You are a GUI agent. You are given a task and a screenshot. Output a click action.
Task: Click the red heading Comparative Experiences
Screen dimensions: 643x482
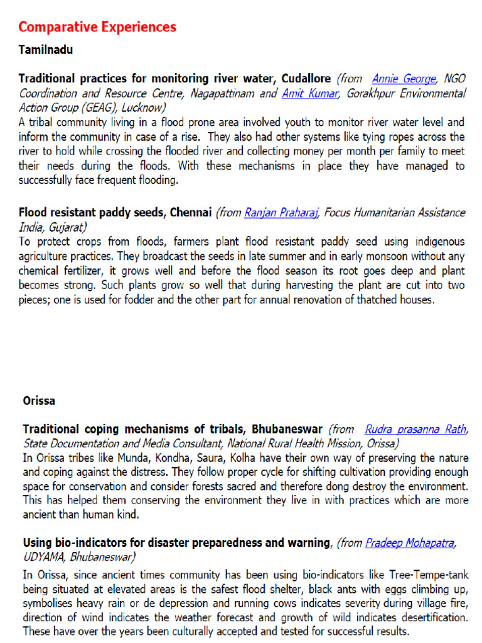[97, 27]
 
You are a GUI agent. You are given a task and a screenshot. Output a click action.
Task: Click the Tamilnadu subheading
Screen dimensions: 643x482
[45, 50]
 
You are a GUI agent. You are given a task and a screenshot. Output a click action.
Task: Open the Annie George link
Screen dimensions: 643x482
[404, 79]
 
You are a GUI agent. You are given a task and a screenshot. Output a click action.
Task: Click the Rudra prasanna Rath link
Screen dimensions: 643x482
[415, 430]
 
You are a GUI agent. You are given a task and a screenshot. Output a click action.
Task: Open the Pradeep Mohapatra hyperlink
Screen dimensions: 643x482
[410, 543]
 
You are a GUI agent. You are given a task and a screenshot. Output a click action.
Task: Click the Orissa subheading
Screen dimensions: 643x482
[39, 400]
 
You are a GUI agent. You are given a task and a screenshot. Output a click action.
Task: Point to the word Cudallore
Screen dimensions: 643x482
[306, 79]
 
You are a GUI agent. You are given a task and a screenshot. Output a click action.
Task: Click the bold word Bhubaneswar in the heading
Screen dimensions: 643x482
[287, 430]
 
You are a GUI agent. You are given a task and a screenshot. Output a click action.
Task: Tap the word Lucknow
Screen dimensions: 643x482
[145, 107]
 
